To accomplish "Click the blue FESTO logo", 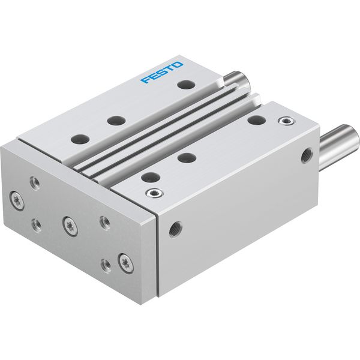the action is [x=162, y=72].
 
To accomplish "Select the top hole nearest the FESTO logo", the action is [x=186, y=84].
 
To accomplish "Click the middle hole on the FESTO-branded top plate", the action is [x=116, y=121].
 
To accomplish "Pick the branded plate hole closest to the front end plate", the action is [x=80, y=139].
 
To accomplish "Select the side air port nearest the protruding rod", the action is [x=306, y=156].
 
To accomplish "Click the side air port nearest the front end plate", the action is [x=176, y=229].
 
